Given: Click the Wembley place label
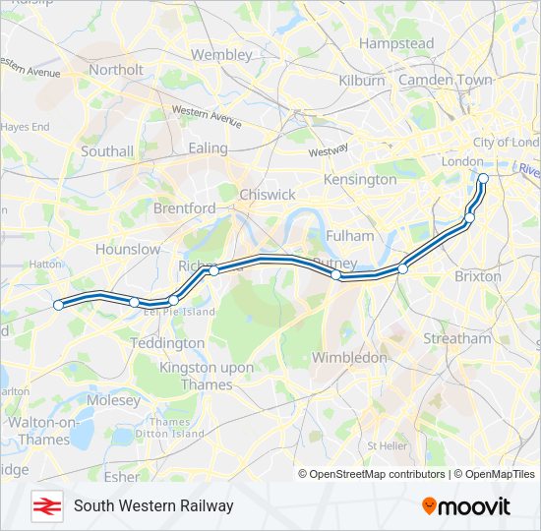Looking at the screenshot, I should (221, 55).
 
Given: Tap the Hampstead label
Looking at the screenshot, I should (396, 44).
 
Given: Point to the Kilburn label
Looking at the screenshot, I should (361, 81).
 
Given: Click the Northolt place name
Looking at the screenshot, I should (116, 70).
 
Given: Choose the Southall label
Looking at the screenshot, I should (107, 151).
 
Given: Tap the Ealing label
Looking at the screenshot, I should (208, 148).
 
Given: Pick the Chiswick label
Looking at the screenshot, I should (268, 195).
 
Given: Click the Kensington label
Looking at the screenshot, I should (360, 180).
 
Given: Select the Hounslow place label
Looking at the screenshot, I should (128, 250).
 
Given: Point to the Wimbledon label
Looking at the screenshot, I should (349, 358).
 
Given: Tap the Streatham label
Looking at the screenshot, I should (456, 338).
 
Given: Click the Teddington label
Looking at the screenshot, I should (167, 344).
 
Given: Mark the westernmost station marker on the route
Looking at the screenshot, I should (58, 305).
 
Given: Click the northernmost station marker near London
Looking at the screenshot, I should (483, 179).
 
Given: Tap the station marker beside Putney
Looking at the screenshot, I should (336, 276).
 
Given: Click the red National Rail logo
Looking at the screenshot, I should (45, 505).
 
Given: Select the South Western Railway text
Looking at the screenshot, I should (153, 505).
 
